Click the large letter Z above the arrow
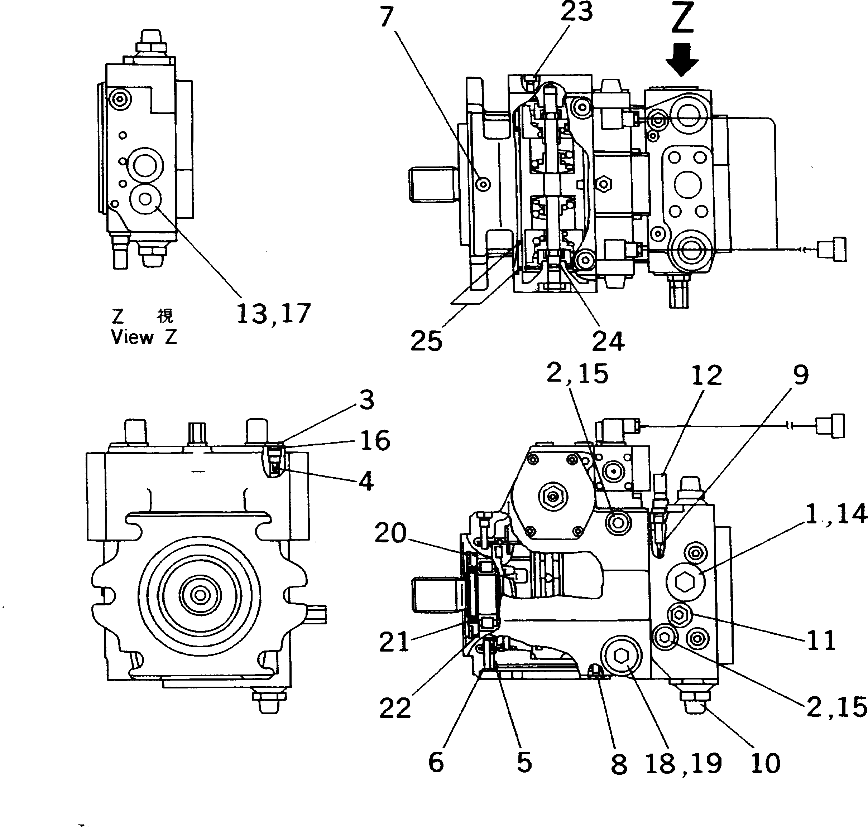point(682,19)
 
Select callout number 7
point(387,18)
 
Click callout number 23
point(576,12)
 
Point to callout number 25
point(426,341)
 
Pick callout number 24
point(608,341)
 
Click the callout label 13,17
point(273,314)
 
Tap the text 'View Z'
point(144,337)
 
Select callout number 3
point(366,400)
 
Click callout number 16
point(375,440)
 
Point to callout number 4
point(366,481)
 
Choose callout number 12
point(706,375)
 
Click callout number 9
point(801,375)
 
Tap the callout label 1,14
point(836,514)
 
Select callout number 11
point(821,640)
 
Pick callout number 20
point(390,533)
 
